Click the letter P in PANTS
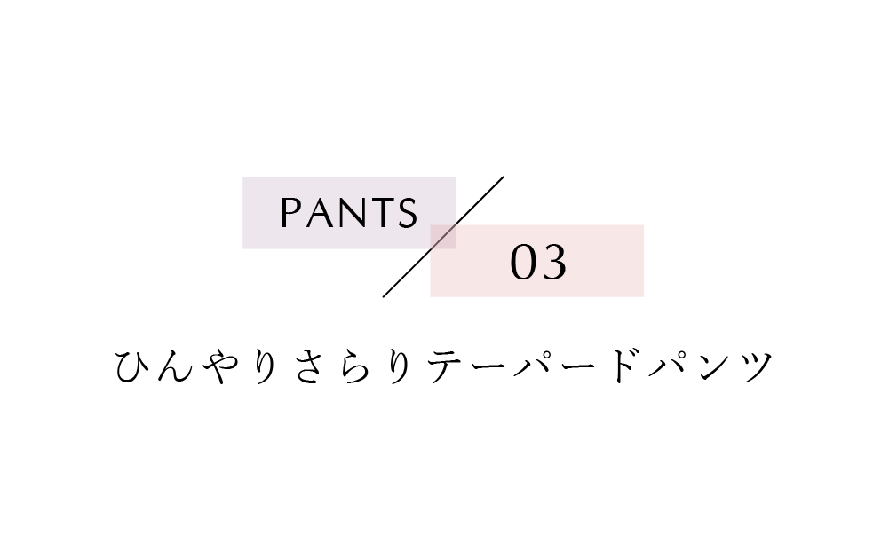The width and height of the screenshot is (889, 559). (x=290, y=213)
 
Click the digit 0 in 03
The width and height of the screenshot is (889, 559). (x=523, y=263)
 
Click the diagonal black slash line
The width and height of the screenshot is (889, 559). (x=443, y=237)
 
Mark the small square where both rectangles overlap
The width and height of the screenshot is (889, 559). (x=443, y=237)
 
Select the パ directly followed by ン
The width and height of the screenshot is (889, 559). (x=668, y=366)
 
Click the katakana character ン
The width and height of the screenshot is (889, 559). (x=712, y=367)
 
